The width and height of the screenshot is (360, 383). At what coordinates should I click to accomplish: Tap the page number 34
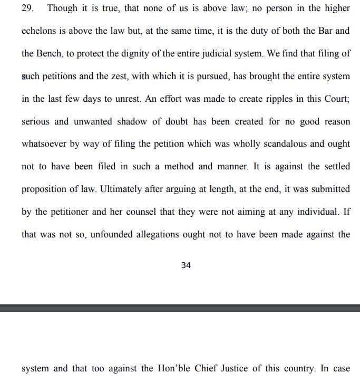[x=186, y=265]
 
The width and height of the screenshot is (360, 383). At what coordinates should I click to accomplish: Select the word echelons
[x=39, y=31]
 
